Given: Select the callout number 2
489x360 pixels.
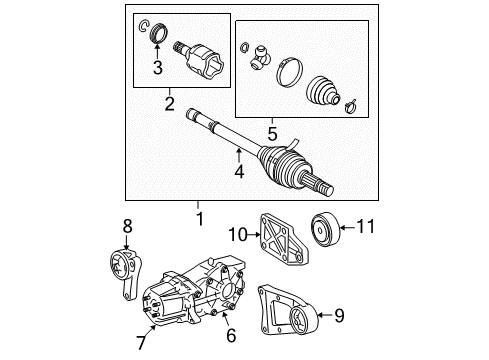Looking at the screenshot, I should (x=169, y=101).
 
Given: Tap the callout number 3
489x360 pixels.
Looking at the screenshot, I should (x=157, y=69).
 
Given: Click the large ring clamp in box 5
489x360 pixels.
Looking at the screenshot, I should (x=289, y=74).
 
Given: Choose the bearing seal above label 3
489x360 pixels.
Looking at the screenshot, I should (x=157, y=41).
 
